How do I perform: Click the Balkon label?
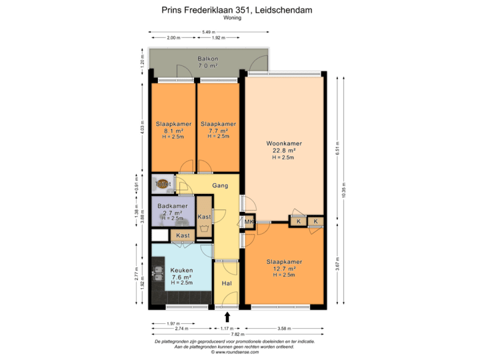207,59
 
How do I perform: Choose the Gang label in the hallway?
221,185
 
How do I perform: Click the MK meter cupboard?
249,222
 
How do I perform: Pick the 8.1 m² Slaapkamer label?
173,124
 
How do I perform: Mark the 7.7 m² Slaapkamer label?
218,124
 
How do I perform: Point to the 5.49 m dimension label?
209,32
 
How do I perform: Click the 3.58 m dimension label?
285,328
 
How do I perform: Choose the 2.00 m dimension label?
173,38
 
